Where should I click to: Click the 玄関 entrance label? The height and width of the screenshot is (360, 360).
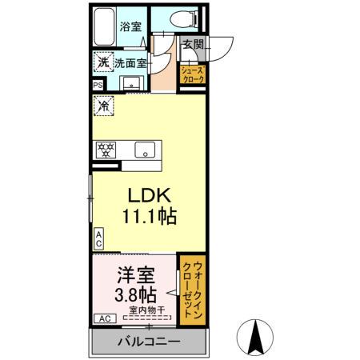click(191, 46)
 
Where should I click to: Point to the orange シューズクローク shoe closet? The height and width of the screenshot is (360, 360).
click(197, 76)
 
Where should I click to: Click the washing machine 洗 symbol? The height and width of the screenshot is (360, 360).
click(102, 61)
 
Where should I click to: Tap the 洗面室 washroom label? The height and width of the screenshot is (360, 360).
click(130, 61)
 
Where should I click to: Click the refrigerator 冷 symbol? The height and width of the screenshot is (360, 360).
click(102, 104)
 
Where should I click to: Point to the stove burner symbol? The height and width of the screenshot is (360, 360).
click(104, 150)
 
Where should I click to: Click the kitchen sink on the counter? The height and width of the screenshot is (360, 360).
click(145, 150)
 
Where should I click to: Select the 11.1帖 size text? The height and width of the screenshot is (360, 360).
click(148, 216)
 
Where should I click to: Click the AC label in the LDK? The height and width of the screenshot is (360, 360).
click(98, 237)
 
